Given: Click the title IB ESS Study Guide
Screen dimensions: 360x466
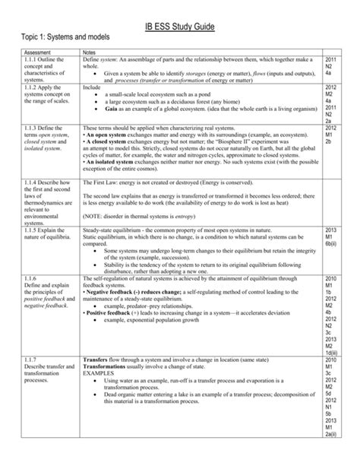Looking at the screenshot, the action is click(x=179, y=28).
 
